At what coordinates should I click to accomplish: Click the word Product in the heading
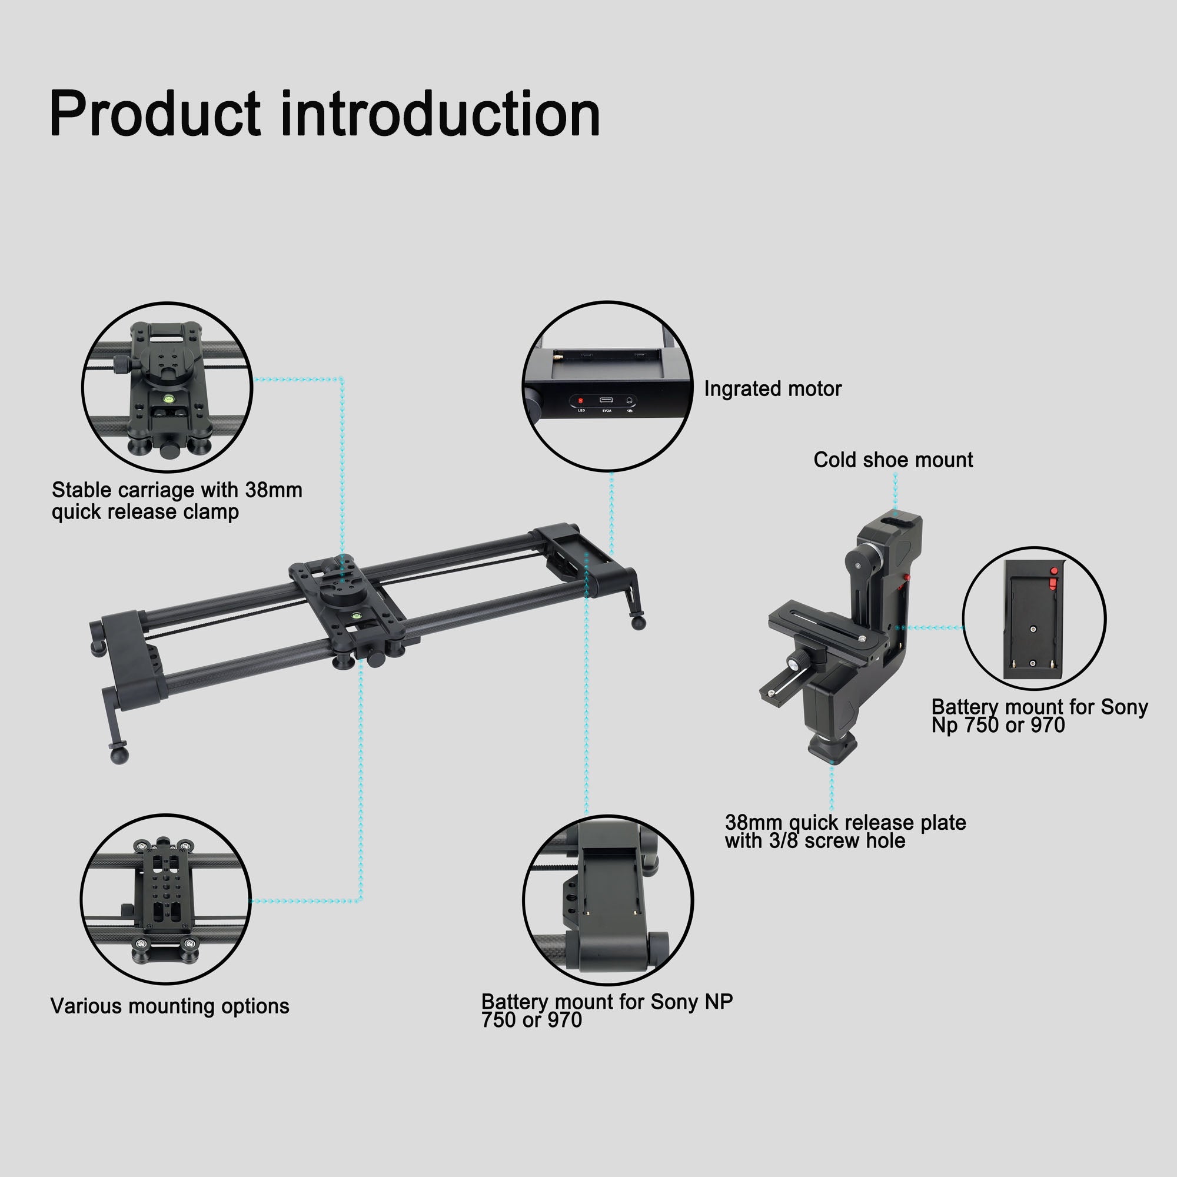tap(155, 114)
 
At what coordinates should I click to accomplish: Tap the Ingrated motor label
tap(773, 388)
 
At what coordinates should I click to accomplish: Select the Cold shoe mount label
tap(893, 460)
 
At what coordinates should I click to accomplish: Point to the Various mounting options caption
tap(170, 1006)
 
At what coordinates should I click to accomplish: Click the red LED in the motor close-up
tap(580, 401)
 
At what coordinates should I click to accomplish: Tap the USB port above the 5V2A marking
tap(606, 400)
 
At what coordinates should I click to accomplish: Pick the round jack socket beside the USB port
tap(629, 400)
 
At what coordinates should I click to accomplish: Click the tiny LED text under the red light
tap(581, 411)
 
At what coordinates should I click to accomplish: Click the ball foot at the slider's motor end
tap(639, 622)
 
